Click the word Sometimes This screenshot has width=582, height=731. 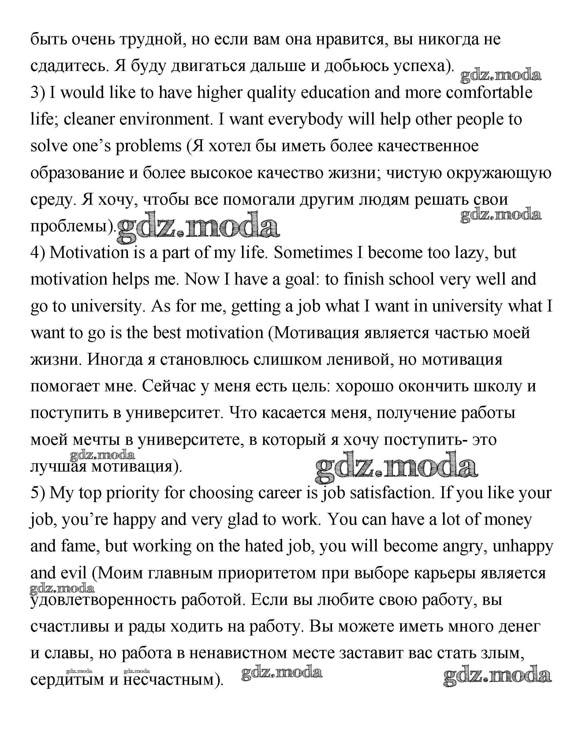tap(313, 253)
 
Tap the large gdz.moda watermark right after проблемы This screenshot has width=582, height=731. tap(198, 227)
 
